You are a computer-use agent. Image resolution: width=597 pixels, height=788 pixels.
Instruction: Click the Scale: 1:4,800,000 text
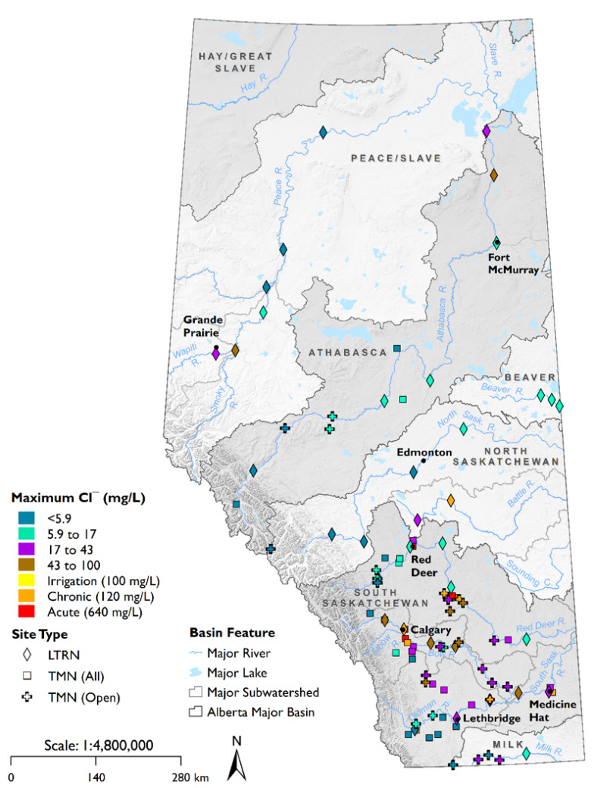pos(95,745)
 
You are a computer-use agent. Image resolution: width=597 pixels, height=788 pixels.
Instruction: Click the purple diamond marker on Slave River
pos(486,131)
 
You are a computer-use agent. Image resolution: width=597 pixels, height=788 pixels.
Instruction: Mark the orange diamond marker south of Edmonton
pos(451,501)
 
